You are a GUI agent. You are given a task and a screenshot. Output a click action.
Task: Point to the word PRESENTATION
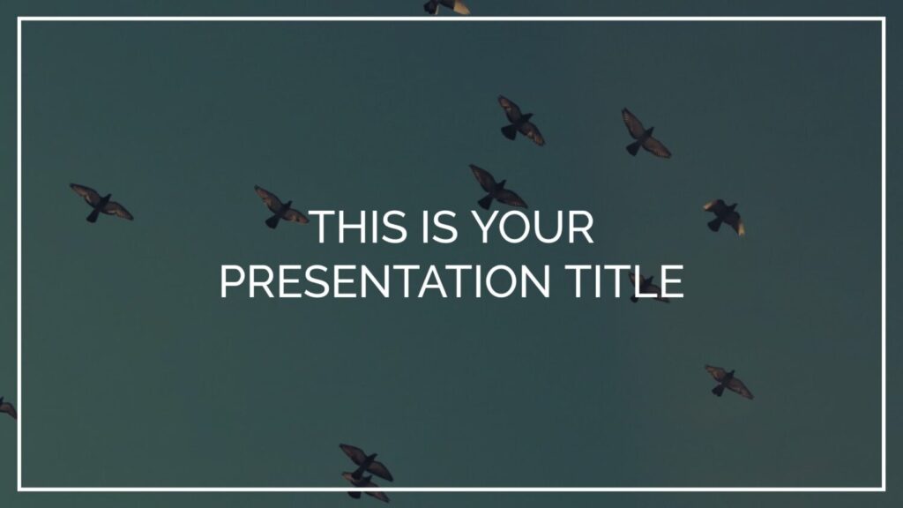click(x=384, y=281)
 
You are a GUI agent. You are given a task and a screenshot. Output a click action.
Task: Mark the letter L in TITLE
click(x=647, y=281)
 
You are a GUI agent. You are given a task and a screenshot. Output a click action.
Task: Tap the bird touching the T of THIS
click(x=281, y=206)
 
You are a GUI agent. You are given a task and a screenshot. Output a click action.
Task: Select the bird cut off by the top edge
click(x=446, y=6)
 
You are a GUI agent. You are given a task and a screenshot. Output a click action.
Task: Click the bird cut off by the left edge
click(x=7, y=407)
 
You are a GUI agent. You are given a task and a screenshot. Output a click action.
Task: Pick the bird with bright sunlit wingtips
click(x=724, y=217)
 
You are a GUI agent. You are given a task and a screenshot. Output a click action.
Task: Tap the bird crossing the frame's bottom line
click(x=365, y=487)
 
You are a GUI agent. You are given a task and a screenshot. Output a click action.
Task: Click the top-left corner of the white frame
click(x=19, y=19)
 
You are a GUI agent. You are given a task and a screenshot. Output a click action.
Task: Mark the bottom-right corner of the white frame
click(x=884, y=489)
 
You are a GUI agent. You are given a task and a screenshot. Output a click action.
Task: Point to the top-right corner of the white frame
click(x=884, y=19)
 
